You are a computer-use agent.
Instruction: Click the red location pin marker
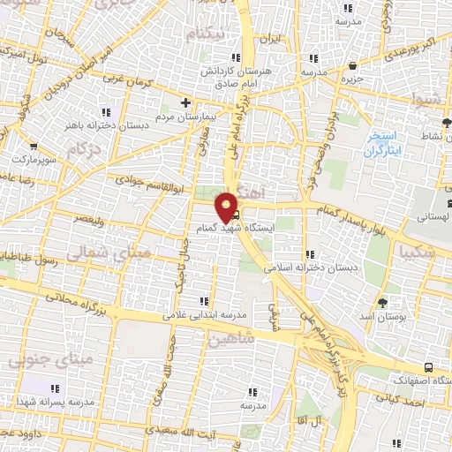[x=229, y=206]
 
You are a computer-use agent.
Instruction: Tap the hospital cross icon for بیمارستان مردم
[x=185, y=102]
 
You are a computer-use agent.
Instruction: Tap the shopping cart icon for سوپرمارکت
[x=34, y=147]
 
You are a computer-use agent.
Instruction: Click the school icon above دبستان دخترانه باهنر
[x=107, y=111]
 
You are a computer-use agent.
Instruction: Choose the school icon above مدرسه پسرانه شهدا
[x=55, y=388]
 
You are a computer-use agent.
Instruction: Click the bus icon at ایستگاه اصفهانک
[x=428, y=365]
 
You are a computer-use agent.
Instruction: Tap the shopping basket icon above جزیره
[x=353, y=65]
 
